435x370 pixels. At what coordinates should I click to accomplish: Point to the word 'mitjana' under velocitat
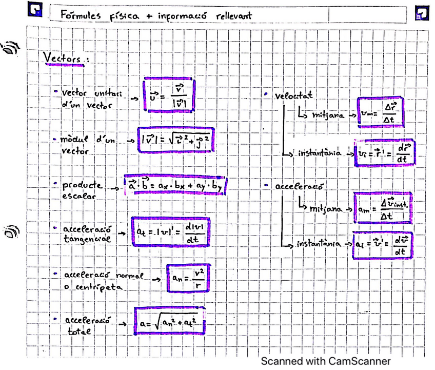point(329,115)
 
